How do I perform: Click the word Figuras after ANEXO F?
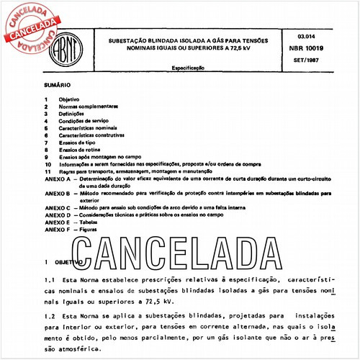click(89, 229)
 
